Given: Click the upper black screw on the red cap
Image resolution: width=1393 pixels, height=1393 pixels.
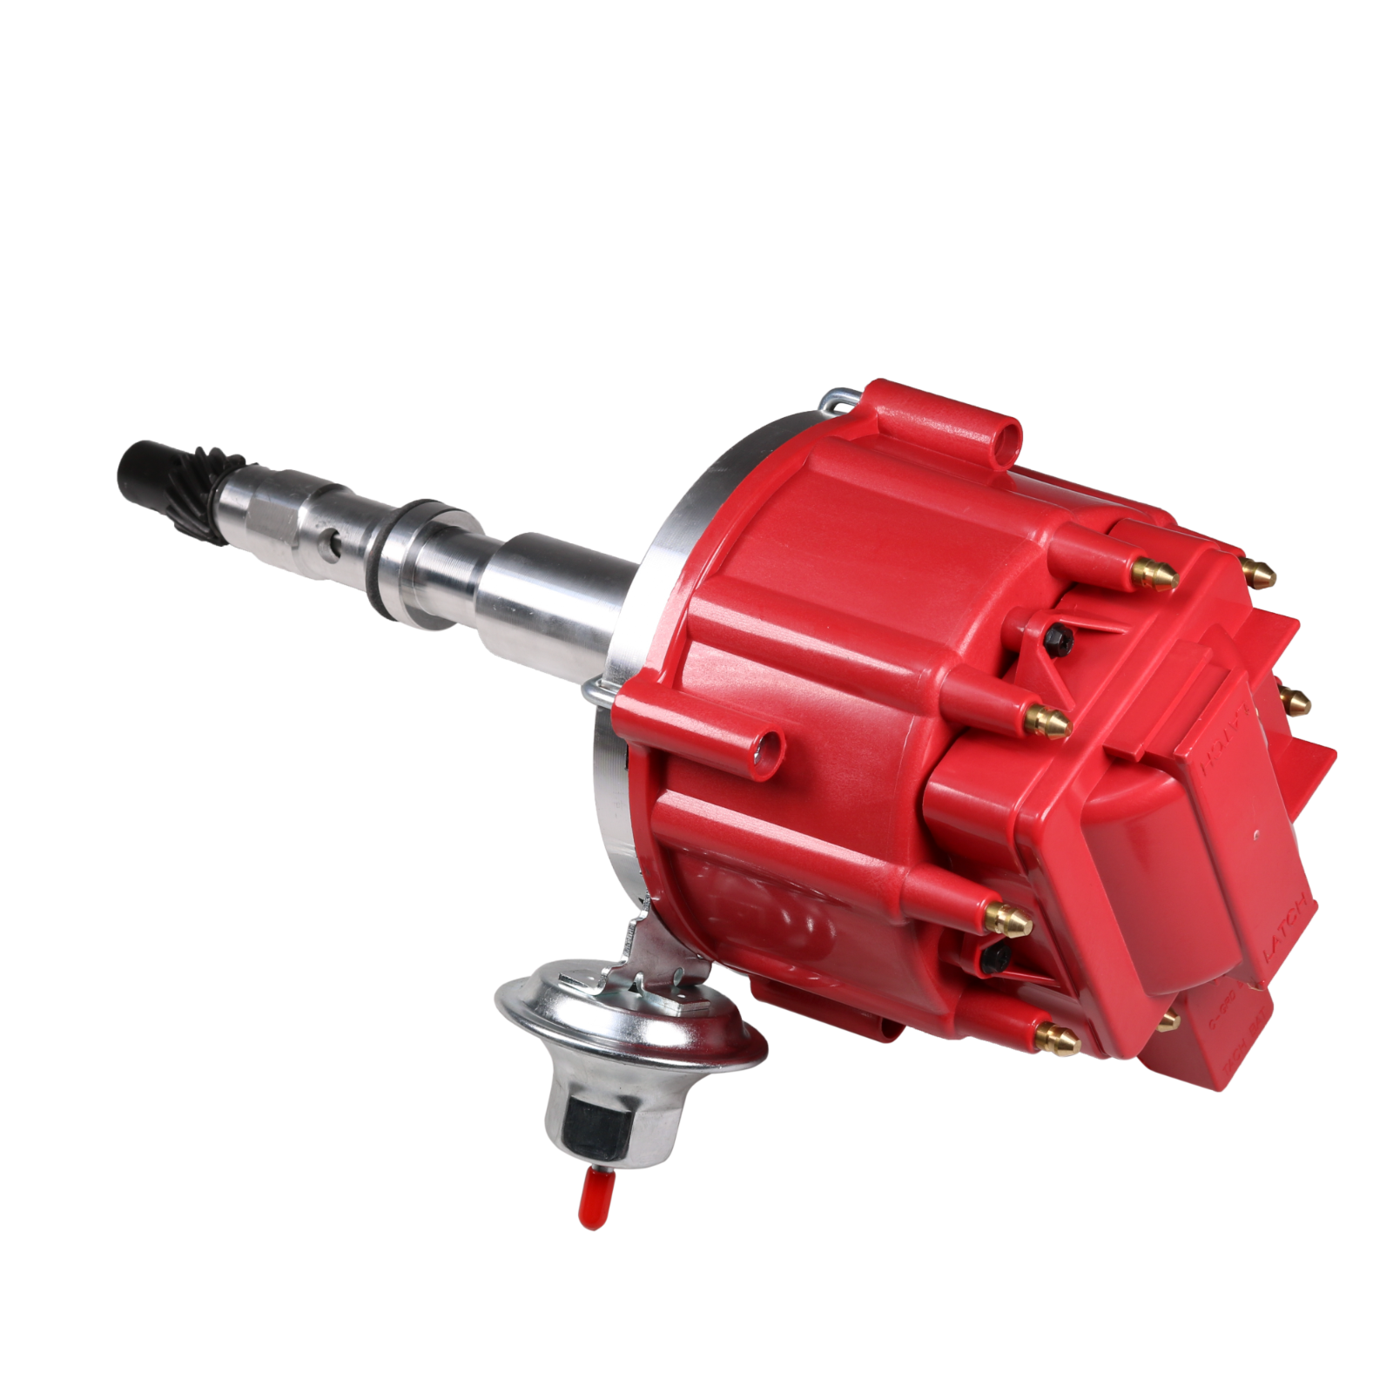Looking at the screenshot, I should [1061, 641].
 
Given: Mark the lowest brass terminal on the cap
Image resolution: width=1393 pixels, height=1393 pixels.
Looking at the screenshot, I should [1056, 1038].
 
